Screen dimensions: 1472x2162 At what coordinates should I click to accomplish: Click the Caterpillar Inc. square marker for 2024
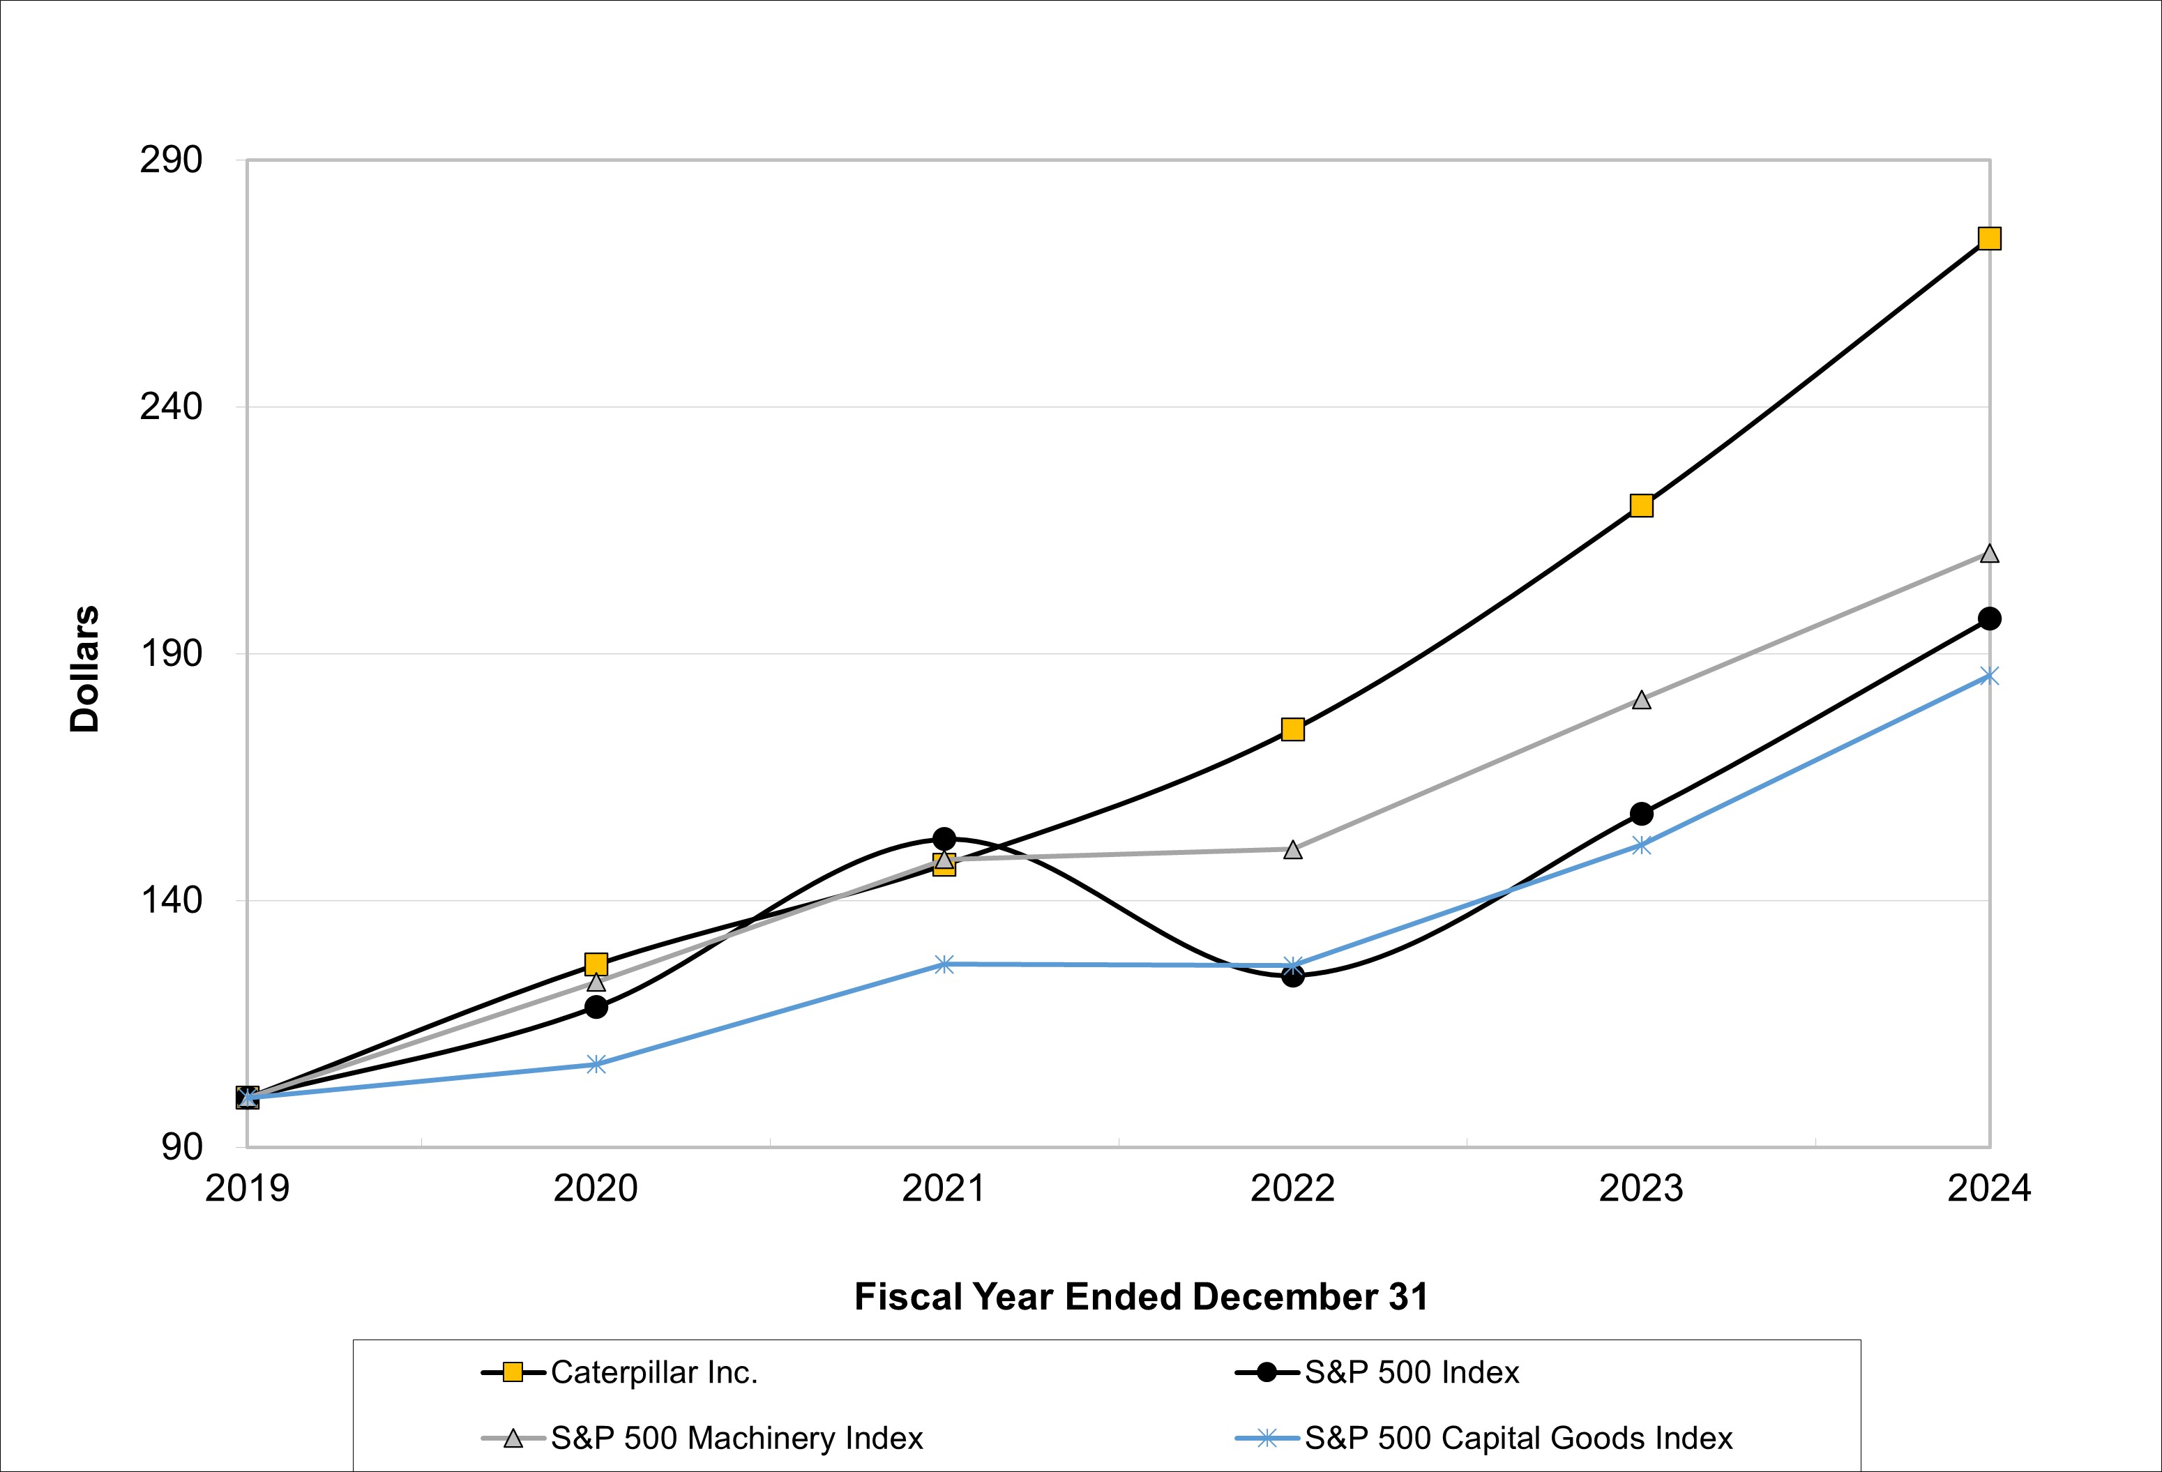tap(1989, 239)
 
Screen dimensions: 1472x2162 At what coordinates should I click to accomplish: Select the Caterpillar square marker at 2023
tap(1641, 506)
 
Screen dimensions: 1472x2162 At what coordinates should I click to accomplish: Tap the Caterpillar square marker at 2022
tap(1292, 729)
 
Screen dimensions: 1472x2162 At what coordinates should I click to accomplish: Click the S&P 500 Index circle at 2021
tap(944, 839)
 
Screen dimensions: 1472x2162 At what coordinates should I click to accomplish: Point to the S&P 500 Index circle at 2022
tap(1292, 976)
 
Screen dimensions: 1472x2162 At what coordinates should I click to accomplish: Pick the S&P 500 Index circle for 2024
tap(1989, 619)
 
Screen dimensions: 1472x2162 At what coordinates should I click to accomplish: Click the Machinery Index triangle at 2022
tap(1292, 849)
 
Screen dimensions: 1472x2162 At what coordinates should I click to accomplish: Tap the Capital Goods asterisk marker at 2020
tap(596, 1064)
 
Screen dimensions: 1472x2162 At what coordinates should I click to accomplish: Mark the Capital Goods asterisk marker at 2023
tap(1641, 845)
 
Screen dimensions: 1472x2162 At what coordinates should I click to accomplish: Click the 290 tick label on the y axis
tap(170, 160)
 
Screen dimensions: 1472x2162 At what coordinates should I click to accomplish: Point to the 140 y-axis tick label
tap(170, 900)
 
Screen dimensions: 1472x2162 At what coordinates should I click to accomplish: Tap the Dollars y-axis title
tap(84, 669)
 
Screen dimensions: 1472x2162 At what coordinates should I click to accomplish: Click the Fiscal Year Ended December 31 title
tap(1140, 1297)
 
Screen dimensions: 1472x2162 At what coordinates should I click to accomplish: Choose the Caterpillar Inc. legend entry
tap(654, 1372)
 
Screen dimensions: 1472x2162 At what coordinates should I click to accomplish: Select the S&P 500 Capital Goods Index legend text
tap(1518, 1439)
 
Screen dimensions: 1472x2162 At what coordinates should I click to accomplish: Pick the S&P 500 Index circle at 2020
tap(596, 1006)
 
